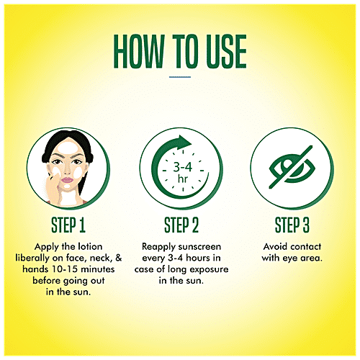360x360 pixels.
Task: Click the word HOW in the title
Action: click(139, 51)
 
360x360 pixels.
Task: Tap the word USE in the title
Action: click(226, 51)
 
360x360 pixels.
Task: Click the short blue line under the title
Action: click(180, 77)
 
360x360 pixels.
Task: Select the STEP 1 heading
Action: click(68, 225)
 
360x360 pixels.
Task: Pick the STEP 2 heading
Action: click(181, 225)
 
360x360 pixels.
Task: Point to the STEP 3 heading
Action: click(292, 225)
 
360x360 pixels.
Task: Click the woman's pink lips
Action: click(67, 180)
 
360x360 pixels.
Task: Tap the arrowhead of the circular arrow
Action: click(184, 142)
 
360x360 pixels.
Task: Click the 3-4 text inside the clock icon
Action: click(183, 167)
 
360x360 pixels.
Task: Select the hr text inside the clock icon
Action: click(183, 179)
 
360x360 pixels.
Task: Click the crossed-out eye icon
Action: click(292, 167)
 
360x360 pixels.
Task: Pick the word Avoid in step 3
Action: click(276, 246)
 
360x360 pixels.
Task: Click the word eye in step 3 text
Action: click(290, 258)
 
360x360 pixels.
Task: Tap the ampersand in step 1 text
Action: click(119, 258)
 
